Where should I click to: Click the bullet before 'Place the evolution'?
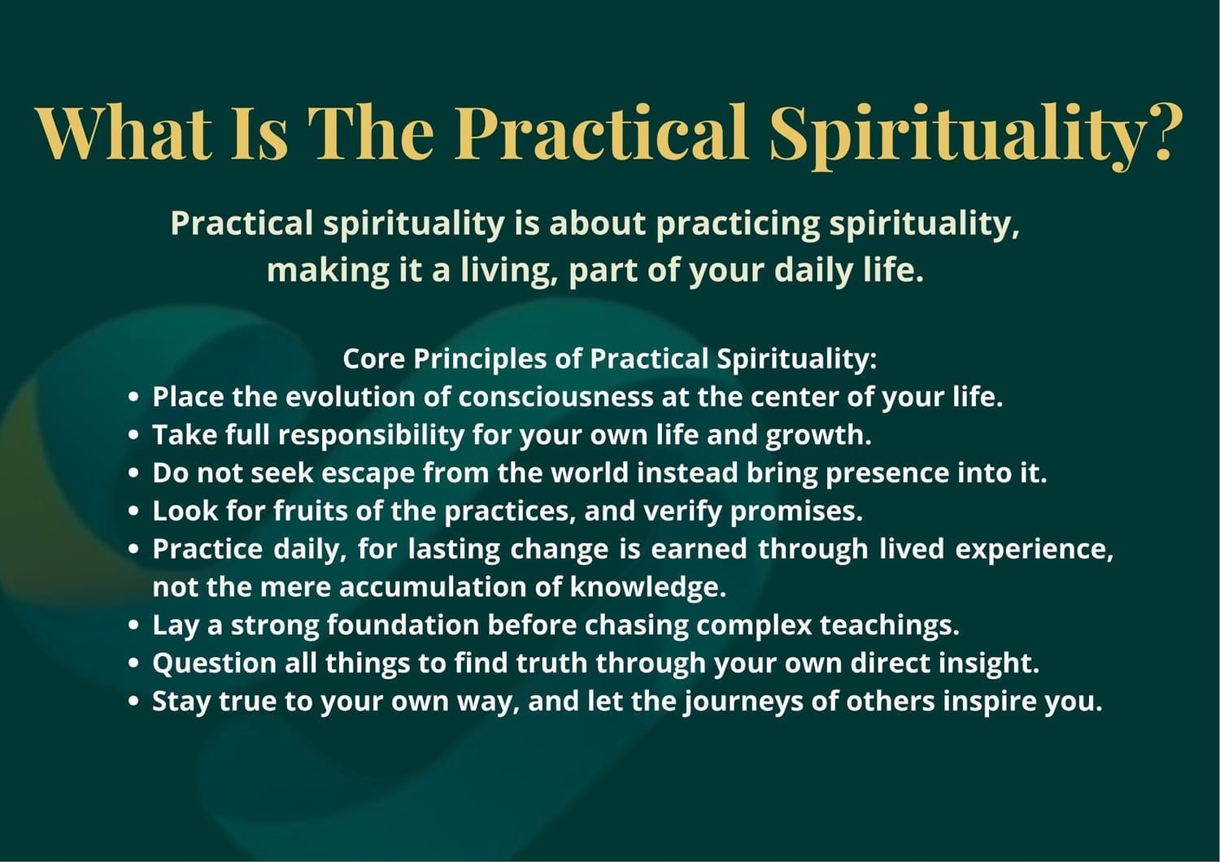[x=133, y=398]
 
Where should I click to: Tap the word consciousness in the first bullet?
[x=556, y=397]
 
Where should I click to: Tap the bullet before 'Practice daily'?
[x=133, y=550]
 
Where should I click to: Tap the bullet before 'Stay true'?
[x=133, y=702]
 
